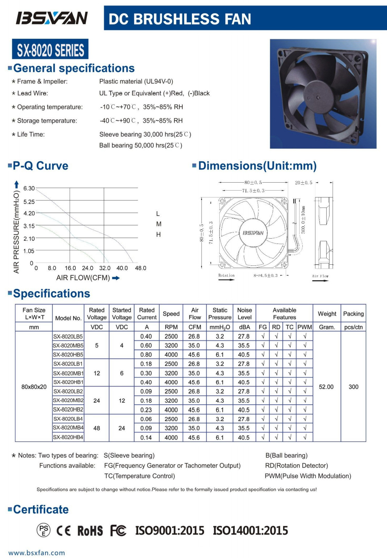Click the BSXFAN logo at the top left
pyautogui.click(x=52, y=18)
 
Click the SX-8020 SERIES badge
pyautogui.click(x=50, y=50)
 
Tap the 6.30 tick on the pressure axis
pyautogui.click(x=29, y=188)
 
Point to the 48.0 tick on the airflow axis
pyautogui.click(x=140, y=268)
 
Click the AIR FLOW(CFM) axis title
pyautogui.click(x=83, y=278)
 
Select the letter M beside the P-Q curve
pyautogui.click(x=158, y=224)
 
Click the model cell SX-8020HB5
pyautogui.click(x=68, y=355)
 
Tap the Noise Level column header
pyautogui.click(x=244, y=314)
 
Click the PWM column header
pyautogui.click(x=305, y=327)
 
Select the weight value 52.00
pyautogui.click(x=326, y=387)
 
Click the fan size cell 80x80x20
pyautogui.click(x=34, y=387)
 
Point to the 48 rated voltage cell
pyautogui.click(x=97, y=428)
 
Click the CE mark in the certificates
pyautogui.click(x=63, y=531)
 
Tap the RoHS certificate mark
pyautogui.click(x=90, y=531)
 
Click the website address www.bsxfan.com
pyautogui.click(x=37, y=553)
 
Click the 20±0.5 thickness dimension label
pyautogui.click(x=303, y=183)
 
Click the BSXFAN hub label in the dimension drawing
pyautogui.click(x=253, y=233)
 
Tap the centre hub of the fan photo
pyautogui.click(x=318, y=97)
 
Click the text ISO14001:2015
pyautogui.click(x=250, y=531)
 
